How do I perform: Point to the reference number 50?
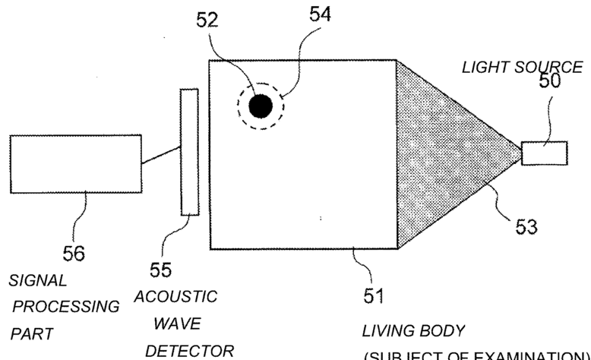click(x=548, y=81)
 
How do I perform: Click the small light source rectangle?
click(x=545, y=153)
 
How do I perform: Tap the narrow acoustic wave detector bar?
click(x=188, y=152)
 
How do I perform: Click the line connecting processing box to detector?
click(x=161, y=156)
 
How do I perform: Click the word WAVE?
click(x=176, y=324)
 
